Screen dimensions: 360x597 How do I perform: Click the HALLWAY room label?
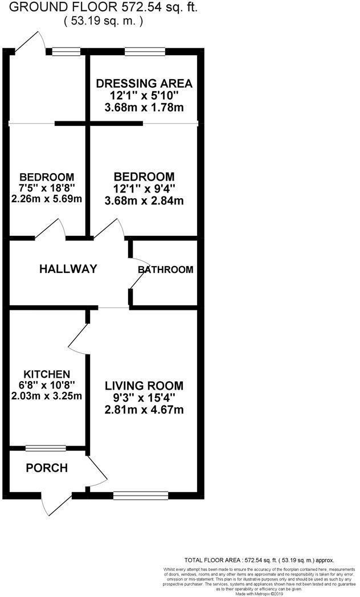pos(68,269)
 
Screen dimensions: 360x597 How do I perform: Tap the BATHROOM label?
pos(165,269)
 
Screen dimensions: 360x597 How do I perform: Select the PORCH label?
pos(47,468)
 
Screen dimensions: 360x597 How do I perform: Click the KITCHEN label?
pos(48,374)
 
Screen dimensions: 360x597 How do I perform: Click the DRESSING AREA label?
pos(144,83)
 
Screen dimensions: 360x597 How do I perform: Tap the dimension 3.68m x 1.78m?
pos(144,107)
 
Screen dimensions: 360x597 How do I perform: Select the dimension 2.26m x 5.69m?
pos(47,199)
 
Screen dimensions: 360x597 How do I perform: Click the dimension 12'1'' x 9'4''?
pos(144,189)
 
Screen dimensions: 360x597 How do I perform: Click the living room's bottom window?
pos(133,494)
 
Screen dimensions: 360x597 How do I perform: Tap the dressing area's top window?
pos(145,52)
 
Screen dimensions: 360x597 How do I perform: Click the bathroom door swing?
pos(137,272)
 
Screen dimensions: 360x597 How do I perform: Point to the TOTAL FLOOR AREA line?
pos(259,561)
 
